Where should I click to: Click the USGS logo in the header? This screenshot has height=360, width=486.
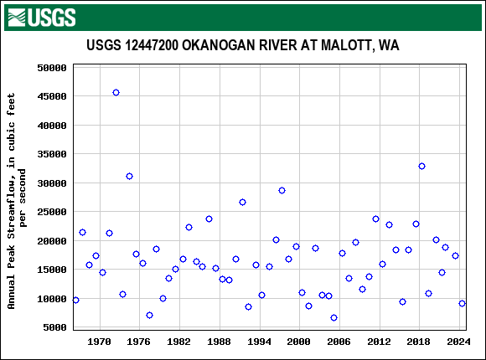pos(41,16)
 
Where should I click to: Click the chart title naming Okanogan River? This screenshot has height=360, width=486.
pos(242,45)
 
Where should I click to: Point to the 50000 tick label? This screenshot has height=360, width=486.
pos(52,68)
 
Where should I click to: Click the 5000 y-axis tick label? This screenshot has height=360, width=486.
pos(55,327)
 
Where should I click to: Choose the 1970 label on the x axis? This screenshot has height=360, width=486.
pos(100,342)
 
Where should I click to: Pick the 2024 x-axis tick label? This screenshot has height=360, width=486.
pos(458,342)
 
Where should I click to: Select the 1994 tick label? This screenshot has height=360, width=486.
pos(259,342)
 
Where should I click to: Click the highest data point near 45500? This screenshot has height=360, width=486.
pos(116,92)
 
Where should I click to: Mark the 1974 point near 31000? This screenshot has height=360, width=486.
pos(129,176)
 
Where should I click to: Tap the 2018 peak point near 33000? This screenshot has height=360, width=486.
pos(421,166)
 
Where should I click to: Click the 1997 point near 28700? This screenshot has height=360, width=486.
pos(282,190)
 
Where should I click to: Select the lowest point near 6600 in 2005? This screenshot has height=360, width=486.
pos(333,317)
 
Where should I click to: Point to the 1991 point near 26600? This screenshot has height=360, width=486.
pos(242,202)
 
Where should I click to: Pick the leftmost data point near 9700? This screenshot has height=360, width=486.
pos(75,300)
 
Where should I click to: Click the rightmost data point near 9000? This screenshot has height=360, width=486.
pos(462,303)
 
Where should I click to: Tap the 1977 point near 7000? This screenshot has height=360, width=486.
pos(149,315)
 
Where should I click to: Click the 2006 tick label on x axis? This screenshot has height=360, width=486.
pos(339,342)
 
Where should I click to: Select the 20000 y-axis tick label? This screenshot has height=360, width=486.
pos(52,241)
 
